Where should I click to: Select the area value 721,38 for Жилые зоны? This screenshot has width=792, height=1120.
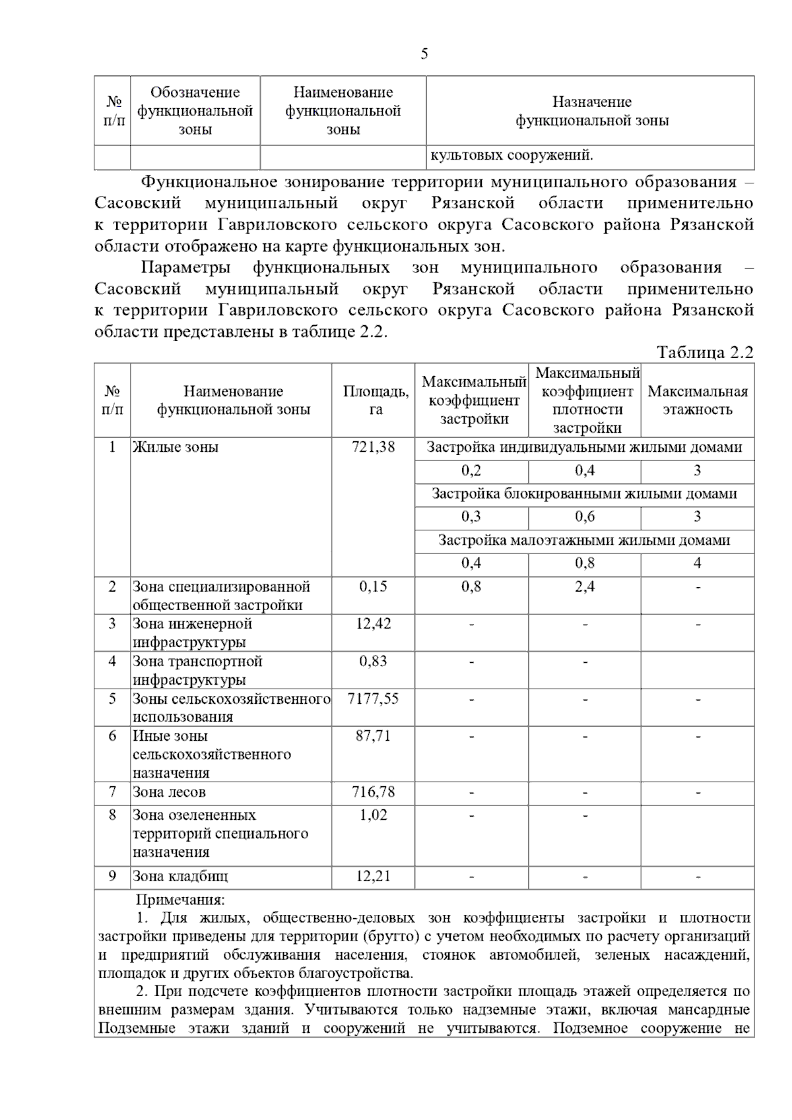[x=373, y=447]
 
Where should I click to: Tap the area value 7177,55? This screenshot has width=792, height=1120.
[x=373, y=699]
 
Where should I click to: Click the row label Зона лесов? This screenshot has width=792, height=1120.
[x=169, y=792]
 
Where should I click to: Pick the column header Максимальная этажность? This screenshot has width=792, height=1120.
[x=698, y=400]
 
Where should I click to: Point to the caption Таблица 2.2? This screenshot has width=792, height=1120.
[x=705, y=352]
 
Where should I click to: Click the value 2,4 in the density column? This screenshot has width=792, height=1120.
[x=584, y=586]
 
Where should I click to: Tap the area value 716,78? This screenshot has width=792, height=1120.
[x=373, y=792]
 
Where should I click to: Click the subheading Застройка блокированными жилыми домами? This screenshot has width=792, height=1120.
[x=584, y=493]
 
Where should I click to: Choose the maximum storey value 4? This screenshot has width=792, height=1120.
[x=698, y=563]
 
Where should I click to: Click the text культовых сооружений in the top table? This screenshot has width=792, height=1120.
[x=511, y=156]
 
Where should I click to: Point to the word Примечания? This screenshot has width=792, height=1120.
[x=180, y=900]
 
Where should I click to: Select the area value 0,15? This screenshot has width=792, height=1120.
[x=373, y=586]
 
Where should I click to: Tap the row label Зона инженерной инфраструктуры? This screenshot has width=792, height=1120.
[x=192, y=633]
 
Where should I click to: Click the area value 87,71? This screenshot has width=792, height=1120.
[x=373, y=736]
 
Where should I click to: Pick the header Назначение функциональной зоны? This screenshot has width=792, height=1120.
[x=591, y=111]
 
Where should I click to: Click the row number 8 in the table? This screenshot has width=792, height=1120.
[x=112, y=815]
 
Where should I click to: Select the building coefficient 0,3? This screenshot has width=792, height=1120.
[x=471, y=516]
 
